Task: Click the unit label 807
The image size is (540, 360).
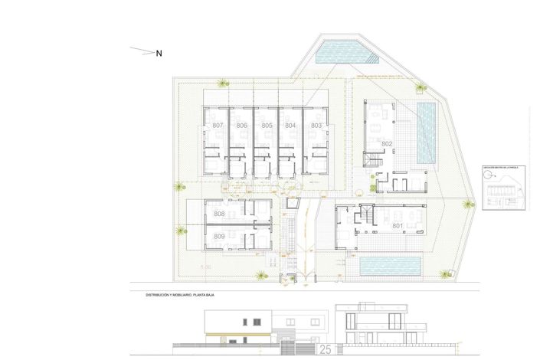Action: click(x=218, y=125)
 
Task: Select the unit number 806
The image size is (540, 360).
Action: click(x=242, y=125)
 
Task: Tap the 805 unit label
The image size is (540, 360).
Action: click(x=267, y=125)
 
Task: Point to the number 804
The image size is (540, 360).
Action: click(x=290, y=125)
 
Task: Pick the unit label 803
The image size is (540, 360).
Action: click(x=316, y=125)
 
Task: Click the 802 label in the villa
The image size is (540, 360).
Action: click(x=387, y=144)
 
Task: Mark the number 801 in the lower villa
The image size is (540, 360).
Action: click(x=398, y=226)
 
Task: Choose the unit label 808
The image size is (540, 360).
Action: click(x=220, y=214)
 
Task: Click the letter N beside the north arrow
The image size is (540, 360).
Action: click(x=159, y=54)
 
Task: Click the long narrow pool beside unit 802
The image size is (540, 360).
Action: click(x=427, y=132)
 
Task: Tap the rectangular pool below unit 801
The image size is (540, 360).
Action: click(x=391, y=266)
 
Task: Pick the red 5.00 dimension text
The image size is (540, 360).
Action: click(x=206, y=267)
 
